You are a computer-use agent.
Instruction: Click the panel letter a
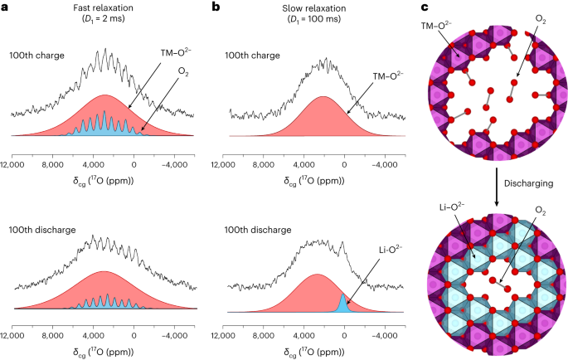coord(5,7)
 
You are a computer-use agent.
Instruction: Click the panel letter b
coord(216,7)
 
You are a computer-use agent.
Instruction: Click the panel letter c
coord(429,7)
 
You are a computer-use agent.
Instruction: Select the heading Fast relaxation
coord(99,7)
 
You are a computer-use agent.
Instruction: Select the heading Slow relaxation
coord(313,7)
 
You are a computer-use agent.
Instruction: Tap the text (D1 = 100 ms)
coord(313,22)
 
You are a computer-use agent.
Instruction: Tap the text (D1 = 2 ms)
coord(99,22)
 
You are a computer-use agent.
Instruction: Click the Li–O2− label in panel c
coord(452,225)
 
